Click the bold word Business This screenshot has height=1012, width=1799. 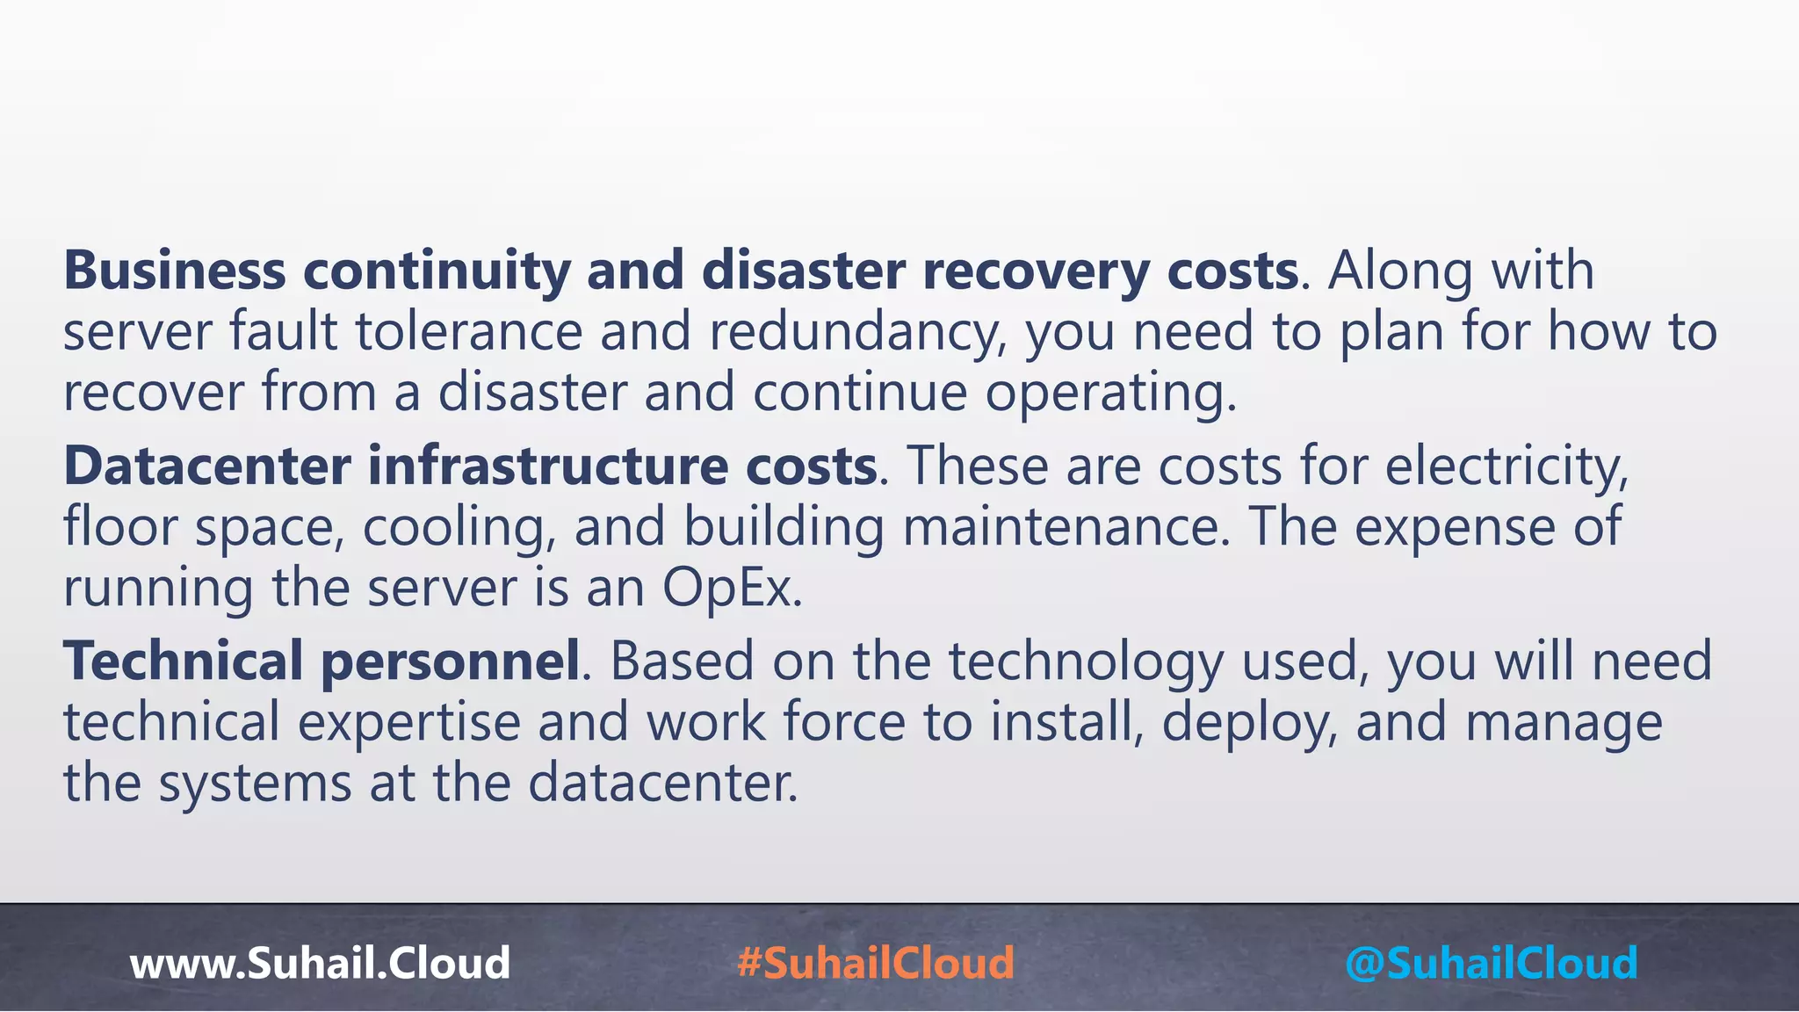tap(174, 271)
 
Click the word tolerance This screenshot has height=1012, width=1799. tap(469, 333)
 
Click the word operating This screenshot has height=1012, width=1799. tap(1110, 393)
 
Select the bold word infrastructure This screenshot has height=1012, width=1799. tap(547, 466)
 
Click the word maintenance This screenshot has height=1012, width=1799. tap(1066, 527)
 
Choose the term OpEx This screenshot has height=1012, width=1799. tap(731, 588)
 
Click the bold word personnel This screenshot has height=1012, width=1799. tap(451, 661)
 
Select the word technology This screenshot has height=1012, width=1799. tap(1085, 661)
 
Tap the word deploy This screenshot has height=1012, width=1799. tap(1250, 722)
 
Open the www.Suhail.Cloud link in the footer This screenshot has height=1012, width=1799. tap(320, 963)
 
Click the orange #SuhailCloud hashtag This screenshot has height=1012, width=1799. tap(876, 963)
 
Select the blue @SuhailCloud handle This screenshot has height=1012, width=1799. tap(1491, 963)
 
